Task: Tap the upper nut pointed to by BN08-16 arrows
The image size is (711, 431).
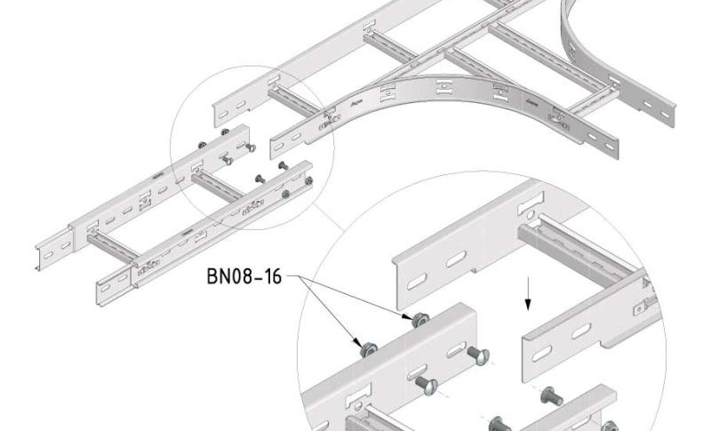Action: pyautogui.click(x=416, y=318)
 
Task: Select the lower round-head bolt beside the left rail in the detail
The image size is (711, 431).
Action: pyautogui.click(x=427, y=384)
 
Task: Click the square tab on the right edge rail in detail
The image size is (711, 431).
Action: pyautogui.click(x=638, y=308)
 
